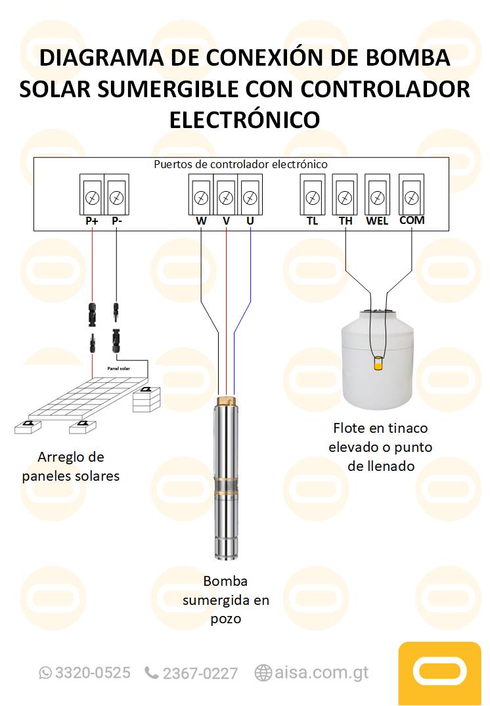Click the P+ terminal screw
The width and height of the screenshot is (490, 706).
[x=92, y=197]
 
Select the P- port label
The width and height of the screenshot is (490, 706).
[x=117, y=221]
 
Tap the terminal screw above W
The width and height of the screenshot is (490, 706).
[x=201, y=197]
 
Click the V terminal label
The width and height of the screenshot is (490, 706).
[x=226, y=221]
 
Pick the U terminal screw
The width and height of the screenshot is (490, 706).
[x=250, y=197]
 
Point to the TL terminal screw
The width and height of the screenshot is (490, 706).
[x=313, y=197]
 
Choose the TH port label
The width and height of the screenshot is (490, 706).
[x=345, y=221]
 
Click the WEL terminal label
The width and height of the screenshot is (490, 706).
[x=377, y=221]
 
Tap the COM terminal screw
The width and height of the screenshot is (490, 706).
[x=412, y=197]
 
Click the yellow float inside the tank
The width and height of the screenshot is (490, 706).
[x=378, y=363]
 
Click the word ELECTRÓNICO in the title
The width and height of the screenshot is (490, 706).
[x=244, y=120]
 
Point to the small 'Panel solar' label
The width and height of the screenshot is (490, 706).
[x=118, y=369]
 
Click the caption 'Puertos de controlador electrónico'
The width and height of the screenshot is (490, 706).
[x=240, y=164]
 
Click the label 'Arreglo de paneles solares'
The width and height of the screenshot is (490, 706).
[x=71, y=466]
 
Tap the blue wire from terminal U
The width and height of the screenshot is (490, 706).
[x=250, y=276]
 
